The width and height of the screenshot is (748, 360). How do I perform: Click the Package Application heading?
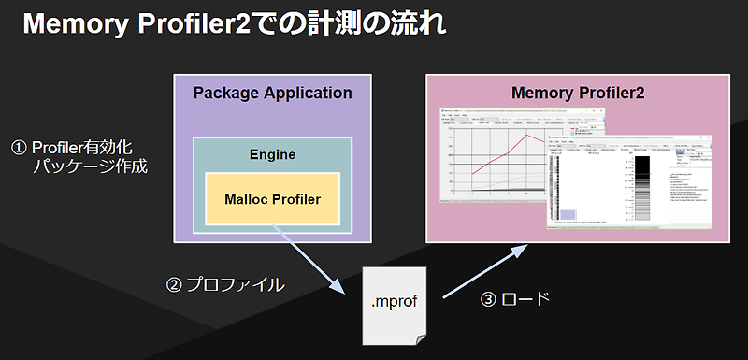[x=272, y=94]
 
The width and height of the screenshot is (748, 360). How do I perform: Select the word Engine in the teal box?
[x=272, y=154]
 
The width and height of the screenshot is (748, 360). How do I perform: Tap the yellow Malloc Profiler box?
[x=272, y=198]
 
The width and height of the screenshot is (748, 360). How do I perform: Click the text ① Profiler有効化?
[x=79, y=149]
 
